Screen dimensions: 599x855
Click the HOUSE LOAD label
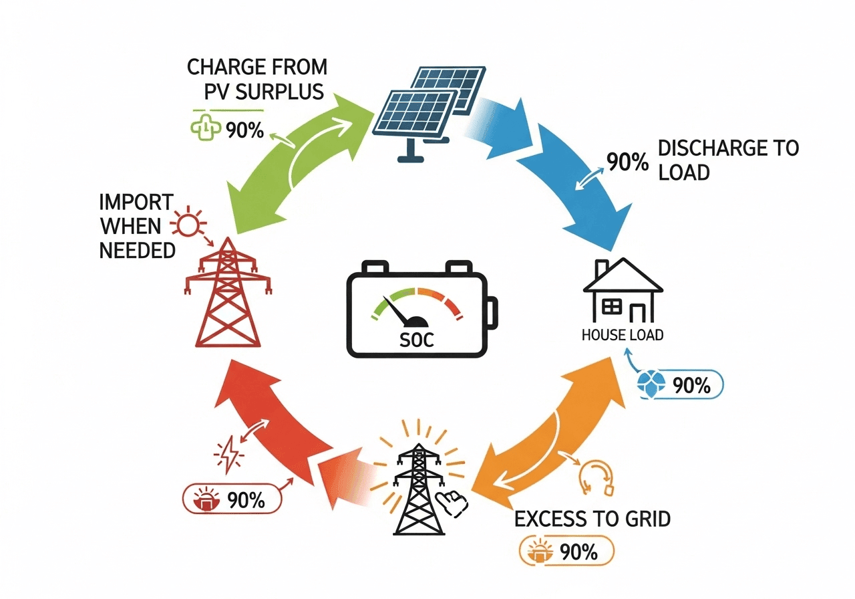[623, 335]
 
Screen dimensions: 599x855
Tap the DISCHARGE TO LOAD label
[728, 160]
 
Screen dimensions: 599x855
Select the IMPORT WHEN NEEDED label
[136, 226]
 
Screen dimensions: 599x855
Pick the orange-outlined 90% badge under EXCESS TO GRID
[566, 552]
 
